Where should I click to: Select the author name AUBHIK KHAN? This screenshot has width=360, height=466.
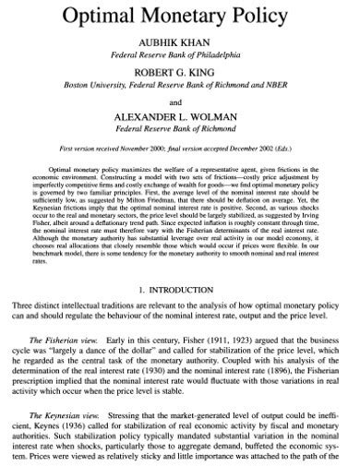click(179, 42)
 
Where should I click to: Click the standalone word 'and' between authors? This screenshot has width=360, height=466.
click(180, 102)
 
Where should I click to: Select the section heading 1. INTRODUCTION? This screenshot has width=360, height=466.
click(179, 291)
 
